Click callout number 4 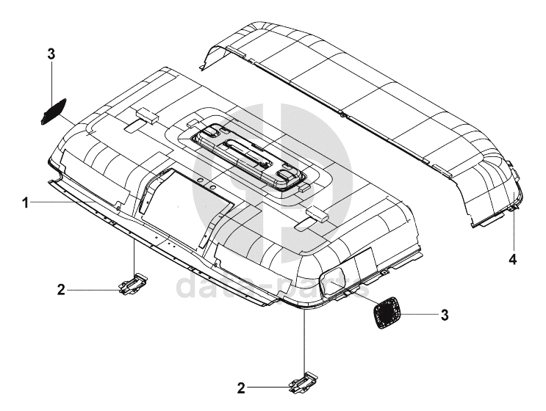(512, 258)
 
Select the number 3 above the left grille (51, 54)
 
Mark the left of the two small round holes (198, 179)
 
